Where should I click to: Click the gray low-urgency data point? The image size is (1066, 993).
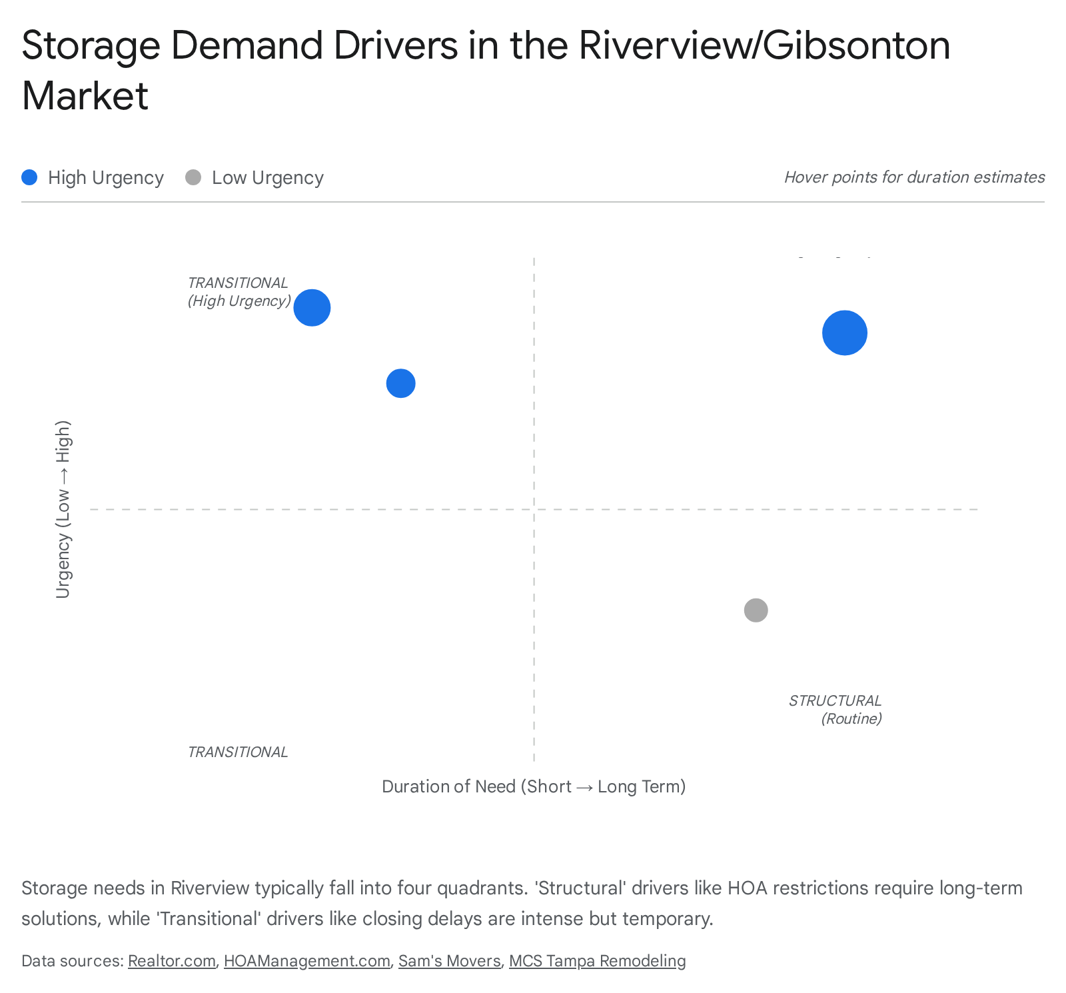coord(756,610)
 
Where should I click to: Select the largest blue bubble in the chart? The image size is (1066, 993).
coord(844,333)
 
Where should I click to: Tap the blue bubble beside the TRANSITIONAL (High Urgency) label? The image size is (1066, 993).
coord(312,307)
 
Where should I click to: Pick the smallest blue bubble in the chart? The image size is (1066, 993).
coord(400,383)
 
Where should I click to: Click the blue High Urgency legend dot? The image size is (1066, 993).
coord(29,177)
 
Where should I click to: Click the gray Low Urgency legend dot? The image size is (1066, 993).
coord(193,177)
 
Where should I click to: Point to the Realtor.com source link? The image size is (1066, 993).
coord(172,961)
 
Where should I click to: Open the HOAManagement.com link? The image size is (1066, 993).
coord(306,961)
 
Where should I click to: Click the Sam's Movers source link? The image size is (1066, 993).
coord(449,961)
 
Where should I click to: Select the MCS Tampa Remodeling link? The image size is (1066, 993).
coord(597,961)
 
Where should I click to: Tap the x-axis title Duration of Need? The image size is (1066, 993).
coord(533,786)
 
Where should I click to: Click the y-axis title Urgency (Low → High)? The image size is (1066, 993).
coord(63,509)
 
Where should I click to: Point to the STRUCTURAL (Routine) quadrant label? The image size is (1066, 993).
coord(835,709)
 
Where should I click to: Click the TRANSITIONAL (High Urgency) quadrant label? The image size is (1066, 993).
coord(239,292)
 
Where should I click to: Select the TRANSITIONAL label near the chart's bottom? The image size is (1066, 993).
coord(238,752)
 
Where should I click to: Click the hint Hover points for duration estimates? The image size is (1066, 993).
coord(914,177)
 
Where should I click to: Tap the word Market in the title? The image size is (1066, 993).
coord(85,95)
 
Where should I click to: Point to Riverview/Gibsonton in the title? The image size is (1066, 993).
coord(764,45)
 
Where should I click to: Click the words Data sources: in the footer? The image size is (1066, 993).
coord(72,961)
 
